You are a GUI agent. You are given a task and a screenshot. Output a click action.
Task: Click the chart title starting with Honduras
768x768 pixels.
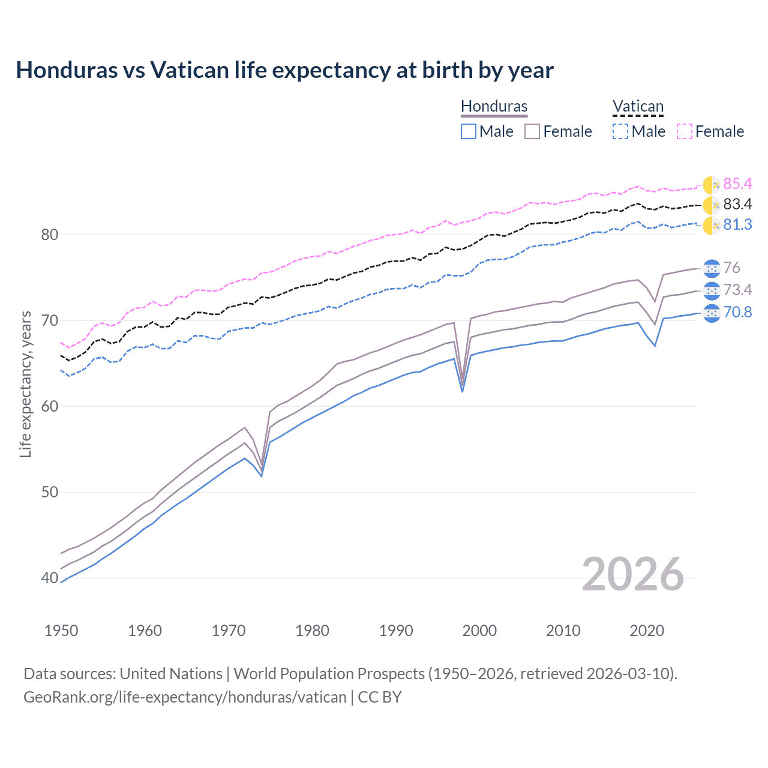pyautogui.click(x=284, y=70)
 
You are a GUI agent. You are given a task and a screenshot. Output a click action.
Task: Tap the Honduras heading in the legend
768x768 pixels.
pyautogui.click(x=494, y=106)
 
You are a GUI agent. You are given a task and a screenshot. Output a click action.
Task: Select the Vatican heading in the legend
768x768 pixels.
pyautogui.click(x=638, y=106)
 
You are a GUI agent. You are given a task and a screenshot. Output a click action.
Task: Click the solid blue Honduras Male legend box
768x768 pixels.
pyautogui.click(x=469, y=131)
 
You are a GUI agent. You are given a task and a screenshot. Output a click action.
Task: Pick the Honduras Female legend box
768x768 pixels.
pyautogui.click(x=533, y=131)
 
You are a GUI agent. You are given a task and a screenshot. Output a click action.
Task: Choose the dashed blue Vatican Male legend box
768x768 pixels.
pyautogui.click(x=621, y=131)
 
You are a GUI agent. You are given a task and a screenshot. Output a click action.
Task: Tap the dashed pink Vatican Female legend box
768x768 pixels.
pyautogui.click(x=685, y=131)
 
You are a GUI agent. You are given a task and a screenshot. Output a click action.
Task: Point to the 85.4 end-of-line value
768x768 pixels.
pyautogui.click(x=737, y=184)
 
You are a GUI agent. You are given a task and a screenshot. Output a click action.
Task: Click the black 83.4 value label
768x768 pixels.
pyautogui.click(x=737, y=205)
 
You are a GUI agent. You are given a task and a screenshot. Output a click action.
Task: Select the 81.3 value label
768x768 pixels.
pyautogui.click(x=737, y=225)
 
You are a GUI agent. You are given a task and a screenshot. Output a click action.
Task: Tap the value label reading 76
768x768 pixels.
pyautogui.click(x=731, y=268)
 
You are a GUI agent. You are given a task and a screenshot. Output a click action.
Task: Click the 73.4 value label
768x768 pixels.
pyautogui.click(x=737, y=290)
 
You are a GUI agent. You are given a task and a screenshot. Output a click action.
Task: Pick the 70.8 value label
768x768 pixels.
pyautogui.click(x=737, y=313)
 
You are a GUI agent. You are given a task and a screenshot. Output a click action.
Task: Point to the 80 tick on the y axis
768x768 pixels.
pyautogui.click(x=50, y=235)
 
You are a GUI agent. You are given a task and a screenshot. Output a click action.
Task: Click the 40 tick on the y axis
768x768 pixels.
pyautogui.click(x=50, y=578)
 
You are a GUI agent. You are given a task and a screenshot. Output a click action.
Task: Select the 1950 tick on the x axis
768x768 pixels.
pyautogui.click(x=61, y=631)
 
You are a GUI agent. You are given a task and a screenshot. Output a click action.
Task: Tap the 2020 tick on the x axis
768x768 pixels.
pyautogui.click(x=647, y=631)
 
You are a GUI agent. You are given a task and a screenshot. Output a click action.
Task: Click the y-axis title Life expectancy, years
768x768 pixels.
pyautogui.click(x=25, y=384)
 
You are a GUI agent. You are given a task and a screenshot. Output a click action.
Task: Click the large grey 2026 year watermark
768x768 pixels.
pyautogui.click(x=632, y=574)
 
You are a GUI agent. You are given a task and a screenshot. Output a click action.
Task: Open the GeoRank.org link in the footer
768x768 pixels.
pyautogui.click(x=185, y=697)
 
